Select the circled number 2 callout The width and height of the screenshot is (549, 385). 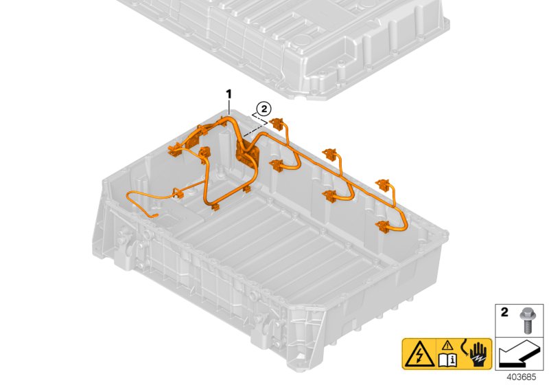pyautogui.click(x=263, y=108)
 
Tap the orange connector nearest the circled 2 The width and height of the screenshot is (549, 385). pyautogui.click(x=277, y=124)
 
